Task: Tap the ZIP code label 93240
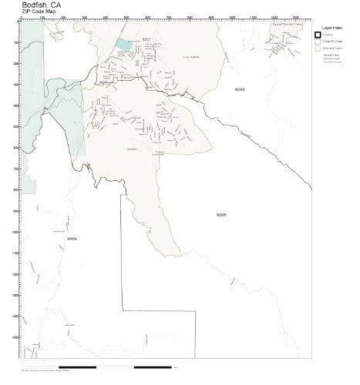click(239, 89)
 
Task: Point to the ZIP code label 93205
click(222, 216)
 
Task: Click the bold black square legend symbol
click(318, 35)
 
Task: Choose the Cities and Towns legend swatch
click(318, 49)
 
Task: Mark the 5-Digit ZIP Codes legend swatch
click(318, 42)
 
